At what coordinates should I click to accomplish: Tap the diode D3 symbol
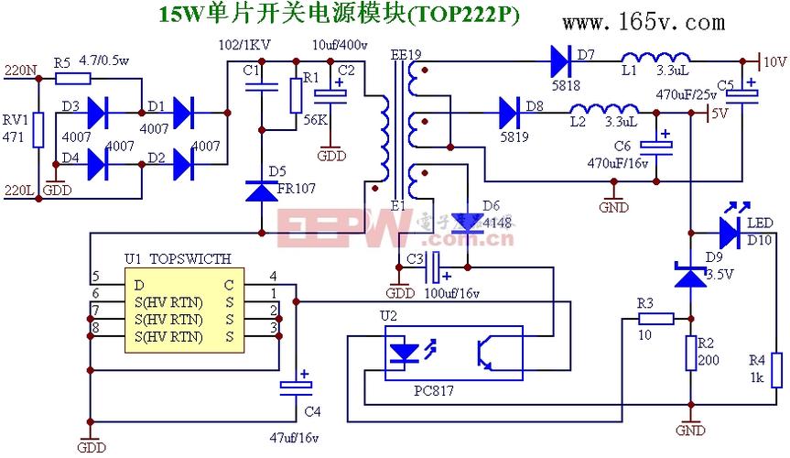click(x=99, y=114)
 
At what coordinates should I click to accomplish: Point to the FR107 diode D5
click(x=261, y=191)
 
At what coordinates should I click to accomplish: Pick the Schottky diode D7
click(x=561, y=61)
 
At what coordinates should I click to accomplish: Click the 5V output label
click(x=720, y=114)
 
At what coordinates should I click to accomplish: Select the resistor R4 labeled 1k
click(x=776, y=369)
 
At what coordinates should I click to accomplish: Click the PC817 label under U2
click(x=435, y=390)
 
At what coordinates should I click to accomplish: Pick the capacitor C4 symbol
click(x=297, y=387)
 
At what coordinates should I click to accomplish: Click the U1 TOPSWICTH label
click(x=179, y=259)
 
